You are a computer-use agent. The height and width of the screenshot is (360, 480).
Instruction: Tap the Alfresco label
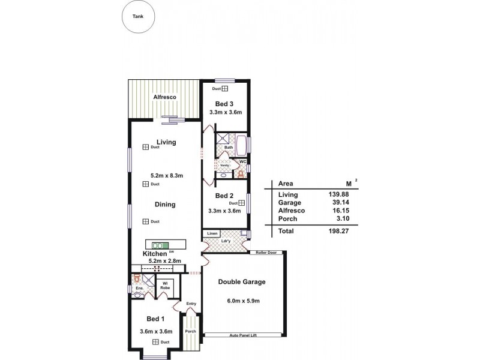163,97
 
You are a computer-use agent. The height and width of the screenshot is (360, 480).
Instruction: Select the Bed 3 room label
224,103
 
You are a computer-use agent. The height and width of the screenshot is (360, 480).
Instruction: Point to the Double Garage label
242,281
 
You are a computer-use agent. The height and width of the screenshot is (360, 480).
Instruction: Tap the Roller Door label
263,253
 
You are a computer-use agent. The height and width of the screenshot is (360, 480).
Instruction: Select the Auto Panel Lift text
244,335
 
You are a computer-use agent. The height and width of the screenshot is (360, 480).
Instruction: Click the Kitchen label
154,254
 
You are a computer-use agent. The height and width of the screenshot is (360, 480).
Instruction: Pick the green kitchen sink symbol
161,245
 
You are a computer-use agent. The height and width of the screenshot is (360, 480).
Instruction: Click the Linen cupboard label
212,233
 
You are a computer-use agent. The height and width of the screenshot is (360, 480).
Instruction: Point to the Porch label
190,331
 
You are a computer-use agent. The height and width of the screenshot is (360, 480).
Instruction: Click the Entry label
191,304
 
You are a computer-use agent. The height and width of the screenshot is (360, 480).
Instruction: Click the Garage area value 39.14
339,203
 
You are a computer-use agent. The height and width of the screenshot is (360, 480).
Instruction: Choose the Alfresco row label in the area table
292,211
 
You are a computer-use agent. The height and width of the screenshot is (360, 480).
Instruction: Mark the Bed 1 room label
156,319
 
